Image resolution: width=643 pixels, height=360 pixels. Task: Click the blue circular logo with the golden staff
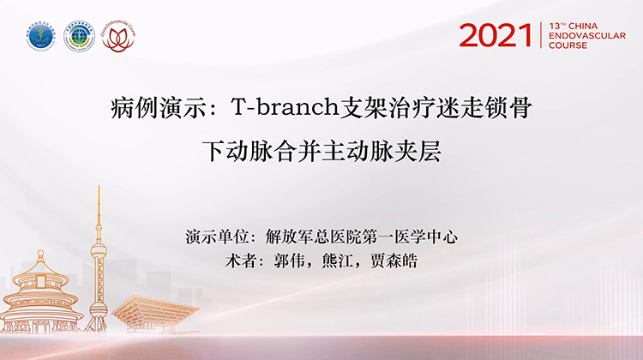(40, 37)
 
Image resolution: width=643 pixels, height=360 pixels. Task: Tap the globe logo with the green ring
(80, 37)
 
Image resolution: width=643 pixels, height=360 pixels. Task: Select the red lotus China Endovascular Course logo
(119, 37)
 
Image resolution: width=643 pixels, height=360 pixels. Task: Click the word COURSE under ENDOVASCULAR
(568, 45)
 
